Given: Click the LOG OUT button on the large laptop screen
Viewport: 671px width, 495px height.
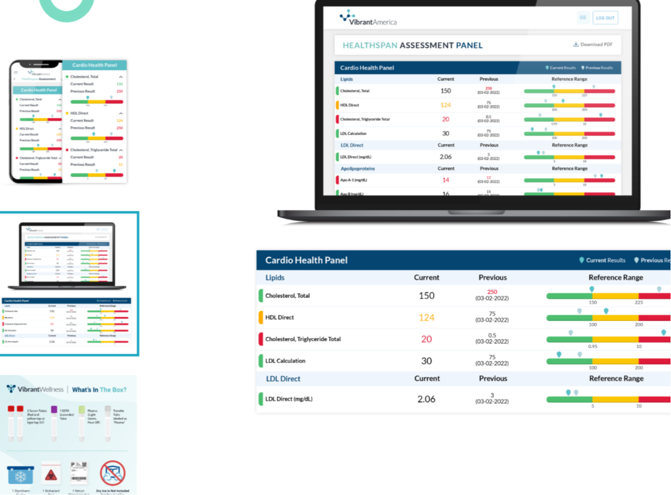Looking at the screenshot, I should pyautogui.click(x=605, y=18).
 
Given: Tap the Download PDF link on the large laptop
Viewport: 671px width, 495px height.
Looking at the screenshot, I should pyautogui.click(x=593, y=44).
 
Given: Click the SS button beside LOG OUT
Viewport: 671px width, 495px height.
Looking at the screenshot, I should pyautogui.click(x=583, y=18).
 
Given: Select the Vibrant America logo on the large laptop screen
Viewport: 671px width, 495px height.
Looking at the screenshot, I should pyautogui.click(x=368, y=18).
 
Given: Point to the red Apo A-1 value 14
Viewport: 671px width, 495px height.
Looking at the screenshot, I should pyautogui.click(x=446, y=180).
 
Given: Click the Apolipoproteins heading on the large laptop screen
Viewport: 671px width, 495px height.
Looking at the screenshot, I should pyautogui.click(x=357, y=168).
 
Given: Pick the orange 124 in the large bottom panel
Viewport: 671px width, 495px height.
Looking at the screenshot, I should pyautogui.click(x=426, y=318).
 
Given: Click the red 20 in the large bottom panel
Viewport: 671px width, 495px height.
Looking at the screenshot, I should pyautogui.click(x=426, y=339).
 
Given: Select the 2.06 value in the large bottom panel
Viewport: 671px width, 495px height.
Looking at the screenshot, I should pyautogui.click(x=426, y=399).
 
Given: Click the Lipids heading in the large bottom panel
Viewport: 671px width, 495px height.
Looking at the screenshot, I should pyautogui.click(x=275, y=278).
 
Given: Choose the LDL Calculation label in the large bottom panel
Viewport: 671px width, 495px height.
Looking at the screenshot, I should pyautogui.click(x=285, y=361).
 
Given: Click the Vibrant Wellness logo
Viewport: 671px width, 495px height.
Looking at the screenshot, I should pyautogui.click(x=35, y=389).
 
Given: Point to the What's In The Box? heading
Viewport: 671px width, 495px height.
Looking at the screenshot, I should pyautogui.click(x=99, y=390).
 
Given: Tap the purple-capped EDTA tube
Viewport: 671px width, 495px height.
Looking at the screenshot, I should pyautogui.click(x=54, y=422).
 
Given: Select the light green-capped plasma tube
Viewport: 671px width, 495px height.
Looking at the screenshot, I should pyautogui.click(x=82, y=422).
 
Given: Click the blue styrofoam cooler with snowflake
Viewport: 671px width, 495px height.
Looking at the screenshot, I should pyautogui.click(x=21, y=475).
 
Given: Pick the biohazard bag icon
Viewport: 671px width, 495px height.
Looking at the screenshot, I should pyautogui.click(x=51, y=474).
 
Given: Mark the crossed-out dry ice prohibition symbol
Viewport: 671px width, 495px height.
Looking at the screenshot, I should pyautogui.click(x=113, y=473).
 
